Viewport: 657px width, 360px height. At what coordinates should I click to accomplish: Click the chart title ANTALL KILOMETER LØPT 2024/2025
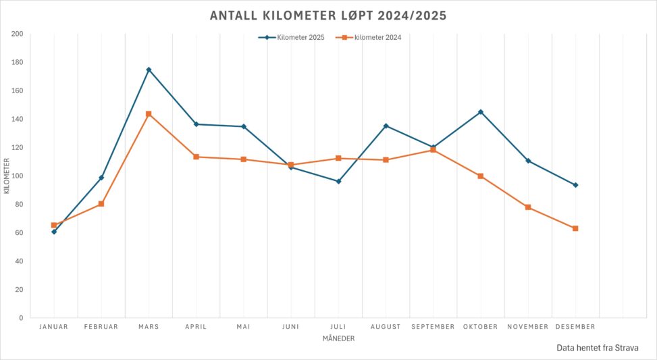tap(328, 16)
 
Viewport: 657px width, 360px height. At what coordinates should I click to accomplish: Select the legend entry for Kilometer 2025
tap(292, 38)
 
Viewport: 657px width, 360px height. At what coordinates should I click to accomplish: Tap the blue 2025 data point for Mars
tap(149, 70)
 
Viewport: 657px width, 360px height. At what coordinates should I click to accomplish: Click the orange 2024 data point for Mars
tap(149, 114)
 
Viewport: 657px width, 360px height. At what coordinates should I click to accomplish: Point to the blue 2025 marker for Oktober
tap(481, 112)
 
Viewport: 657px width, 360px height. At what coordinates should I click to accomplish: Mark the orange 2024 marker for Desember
tap(575, 228)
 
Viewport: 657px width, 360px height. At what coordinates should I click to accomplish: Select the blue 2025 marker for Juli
tap(338, 181)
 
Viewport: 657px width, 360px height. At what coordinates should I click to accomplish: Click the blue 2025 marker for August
tap(386, 126)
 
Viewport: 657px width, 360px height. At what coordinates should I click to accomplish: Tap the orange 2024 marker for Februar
tap(101, 203)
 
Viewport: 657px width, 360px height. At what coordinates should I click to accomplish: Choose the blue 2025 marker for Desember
tap(575, 185)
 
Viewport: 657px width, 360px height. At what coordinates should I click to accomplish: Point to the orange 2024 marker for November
tap(528, 207)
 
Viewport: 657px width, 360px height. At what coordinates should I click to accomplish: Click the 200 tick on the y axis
tap(17, 34)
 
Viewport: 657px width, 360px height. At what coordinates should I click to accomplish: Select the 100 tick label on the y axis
tap(17, 176)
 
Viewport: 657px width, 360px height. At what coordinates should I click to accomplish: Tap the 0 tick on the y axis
tap(21, 318)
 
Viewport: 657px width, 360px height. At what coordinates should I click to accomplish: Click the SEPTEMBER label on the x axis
tap(433, 327)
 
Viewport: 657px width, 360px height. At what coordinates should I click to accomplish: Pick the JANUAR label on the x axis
tap(54, 327)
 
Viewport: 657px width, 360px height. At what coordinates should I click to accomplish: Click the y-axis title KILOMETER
tap(7, 176)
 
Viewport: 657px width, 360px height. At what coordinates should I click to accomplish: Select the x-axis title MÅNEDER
tap(338, 339)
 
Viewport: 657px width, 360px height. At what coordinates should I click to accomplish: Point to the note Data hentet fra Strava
tap(597, 347)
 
